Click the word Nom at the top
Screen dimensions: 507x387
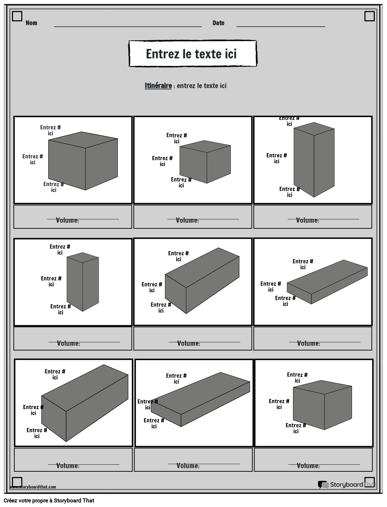pos(31,23)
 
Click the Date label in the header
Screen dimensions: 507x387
pos(218,23)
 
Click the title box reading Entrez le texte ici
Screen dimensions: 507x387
pos(192,53)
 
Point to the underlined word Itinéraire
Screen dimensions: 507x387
pos(158,86)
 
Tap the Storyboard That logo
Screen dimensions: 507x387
pos(346,484)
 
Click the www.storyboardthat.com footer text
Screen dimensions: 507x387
pos(33,487)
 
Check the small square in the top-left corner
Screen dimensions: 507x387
pos(17,16)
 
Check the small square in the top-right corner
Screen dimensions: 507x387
pos(369,16)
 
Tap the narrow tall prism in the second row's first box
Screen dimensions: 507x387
pos(83,282)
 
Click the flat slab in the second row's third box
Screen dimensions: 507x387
pos(327,283)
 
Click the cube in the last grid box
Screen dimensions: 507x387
pos(322,405)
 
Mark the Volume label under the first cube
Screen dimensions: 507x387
pos(67,220)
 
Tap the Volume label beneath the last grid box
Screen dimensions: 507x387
pos(308,466)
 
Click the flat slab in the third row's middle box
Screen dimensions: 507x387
pos(200,399)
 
